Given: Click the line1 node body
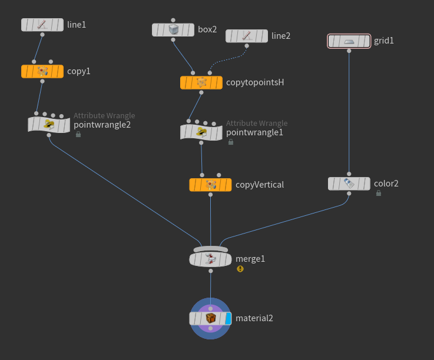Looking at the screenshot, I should [42, 25].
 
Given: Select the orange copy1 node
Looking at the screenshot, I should [42, 71].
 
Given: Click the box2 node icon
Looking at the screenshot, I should [173, 29].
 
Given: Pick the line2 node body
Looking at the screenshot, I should [247, 36].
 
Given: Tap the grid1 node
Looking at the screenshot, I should [349, 41].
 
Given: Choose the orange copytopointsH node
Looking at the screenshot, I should [201, 82].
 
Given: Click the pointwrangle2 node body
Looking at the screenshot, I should [49, 124].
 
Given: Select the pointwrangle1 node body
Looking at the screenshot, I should [201, 132].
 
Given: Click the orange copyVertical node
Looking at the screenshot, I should [210, 185].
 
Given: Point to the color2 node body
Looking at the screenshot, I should [349, 184].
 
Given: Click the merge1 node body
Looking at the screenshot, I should [210, 259].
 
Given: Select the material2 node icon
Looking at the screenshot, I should [210, 318].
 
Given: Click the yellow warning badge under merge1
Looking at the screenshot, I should [240, 269].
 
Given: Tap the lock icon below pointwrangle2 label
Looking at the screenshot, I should [78, 134].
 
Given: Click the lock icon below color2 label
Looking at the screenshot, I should [378, 193].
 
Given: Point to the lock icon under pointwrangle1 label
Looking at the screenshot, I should [230, 142].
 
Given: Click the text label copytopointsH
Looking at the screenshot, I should [255, 82].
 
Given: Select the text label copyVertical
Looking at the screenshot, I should [260, 185].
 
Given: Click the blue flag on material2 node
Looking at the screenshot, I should [228, 318].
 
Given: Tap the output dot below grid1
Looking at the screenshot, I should [349, 51].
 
